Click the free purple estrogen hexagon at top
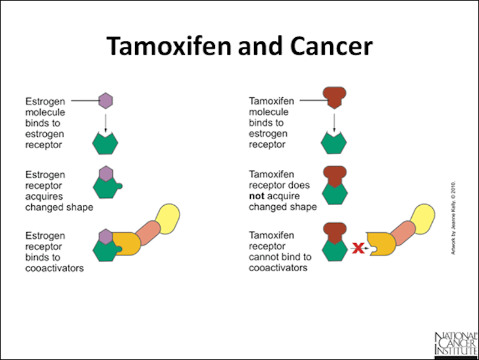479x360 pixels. click(x=106, y=100)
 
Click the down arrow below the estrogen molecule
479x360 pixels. click(x=106, y=122)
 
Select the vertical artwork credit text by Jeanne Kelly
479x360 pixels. click(x=454, y=217)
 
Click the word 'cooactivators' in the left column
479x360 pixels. click(x=54, y=268)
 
